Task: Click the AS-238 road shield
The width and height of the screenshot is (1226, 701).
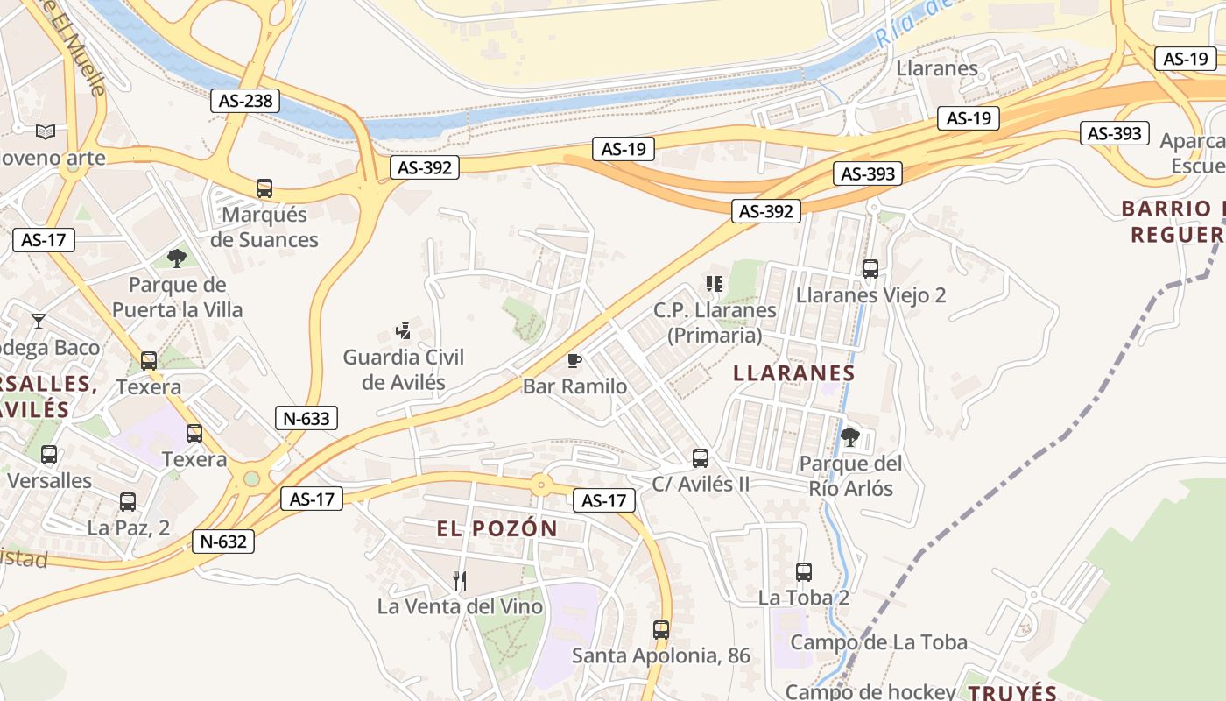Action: pos(246,101)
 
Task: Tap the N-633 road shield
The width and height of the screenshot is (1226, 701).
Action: pos(306,418)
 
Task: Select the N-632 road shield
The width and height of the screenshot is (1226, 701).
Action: pos(223,542)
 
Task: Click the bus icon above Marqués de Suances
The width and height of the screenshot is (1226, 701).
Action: pos(264,188)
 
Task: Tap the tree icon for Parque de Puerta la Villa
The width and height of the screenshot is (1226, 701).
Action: pos(176,258)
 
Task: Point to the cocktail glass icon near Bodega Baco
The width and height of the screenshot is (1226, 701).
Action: pos(39,321)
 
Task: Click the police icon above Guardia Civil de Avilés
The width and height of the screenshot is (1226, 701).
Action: pos(403,330)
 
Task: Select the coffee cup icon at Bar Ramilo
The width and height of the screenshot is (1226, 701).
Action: pos(574,359)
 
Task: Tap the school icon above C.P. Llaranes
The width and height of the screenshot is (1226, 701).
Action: pos(715,283)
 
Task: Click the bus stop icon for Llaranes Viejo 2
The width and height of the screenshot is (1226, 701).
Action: pos(870,268)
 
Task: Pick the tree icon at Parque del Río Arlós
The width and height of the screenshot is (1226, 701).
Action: pos(849,436)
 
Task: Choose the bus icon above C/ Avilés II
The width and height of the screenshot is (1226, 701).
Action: pos(701,457)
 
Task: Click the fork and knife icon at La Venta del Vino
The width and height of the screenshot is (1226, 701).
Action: pos(460,580)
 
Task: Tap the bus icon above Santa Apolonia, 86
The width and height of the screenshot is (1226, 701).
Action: pos(661,629)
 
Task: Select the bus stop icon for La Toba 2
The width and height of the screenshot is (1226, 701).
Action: pos(804,571)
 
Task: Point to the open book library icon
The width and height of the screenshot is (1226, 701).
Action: pos(46,131)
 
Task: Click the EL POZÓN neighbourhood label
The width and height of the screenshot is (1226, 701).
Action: pos(497,528)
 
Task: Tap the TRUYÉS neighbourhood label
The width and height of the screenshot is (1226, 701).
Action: pos(1013,692)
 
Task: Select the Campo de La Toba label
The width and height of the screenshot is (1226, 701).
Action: pos(878,642)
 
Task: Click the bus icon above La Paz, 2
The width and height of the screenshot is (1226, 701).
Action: pos(128,502)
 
